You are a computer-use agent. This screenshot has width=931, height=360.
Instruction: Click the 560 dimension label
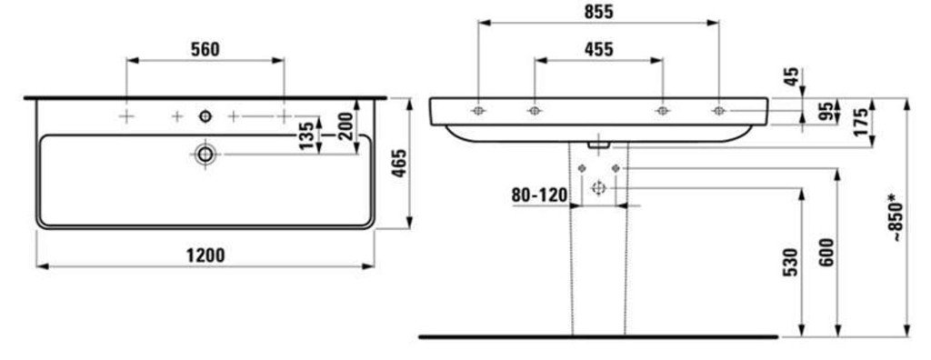pos(205,50)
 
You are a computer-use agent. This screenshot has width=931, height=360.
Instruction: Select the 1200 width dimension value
pos(205,255)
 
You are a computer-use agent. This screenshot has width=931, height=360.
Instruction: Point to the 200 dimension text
pos(346,125)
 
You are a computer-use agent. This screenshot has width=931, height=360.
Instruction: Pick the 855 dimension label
pos(598,12)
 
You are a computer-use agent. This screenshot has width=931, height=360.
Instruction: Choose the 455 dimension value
pos(598,50)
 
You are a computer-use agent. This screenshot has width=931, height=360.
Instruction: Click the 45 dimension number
pos(792,77)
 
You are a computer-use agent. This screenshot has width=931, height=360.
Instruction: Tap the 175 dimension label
pos(860,122)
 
